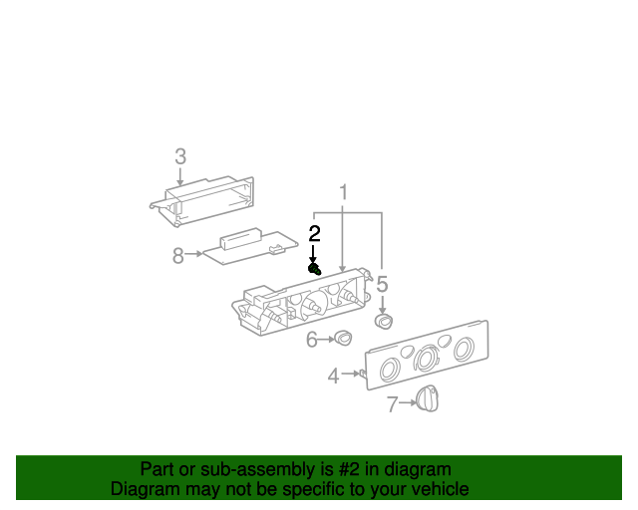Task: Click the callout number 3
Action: (180, 156)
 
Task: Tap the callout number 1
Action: (344, 192)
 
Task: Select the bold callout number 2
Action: (314, 233)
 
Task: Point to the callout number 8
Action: (178, 255)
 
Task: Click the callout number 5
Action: (382, 284)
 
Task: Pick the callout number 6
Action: (312, 340)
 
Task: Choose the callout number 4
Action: (334, 376)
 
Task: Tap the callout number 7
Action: (392, 404)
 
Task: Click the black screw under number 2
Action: (315, 269)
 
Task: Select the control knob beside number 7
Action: (428, 399)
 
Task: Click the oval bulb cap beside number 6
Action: (343, 339)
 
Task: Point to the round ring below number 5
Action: (384, 322)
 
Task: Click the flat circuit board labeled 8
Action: (250, 246)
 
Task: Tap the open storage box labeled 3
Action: (202, 201)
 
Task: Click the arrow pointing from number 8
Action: (193, 253)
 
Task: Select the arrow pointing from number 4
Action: (351, 373)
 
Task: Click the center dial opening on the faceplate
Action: (427, 359)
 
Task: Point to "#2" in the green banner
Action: (350, 469)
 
